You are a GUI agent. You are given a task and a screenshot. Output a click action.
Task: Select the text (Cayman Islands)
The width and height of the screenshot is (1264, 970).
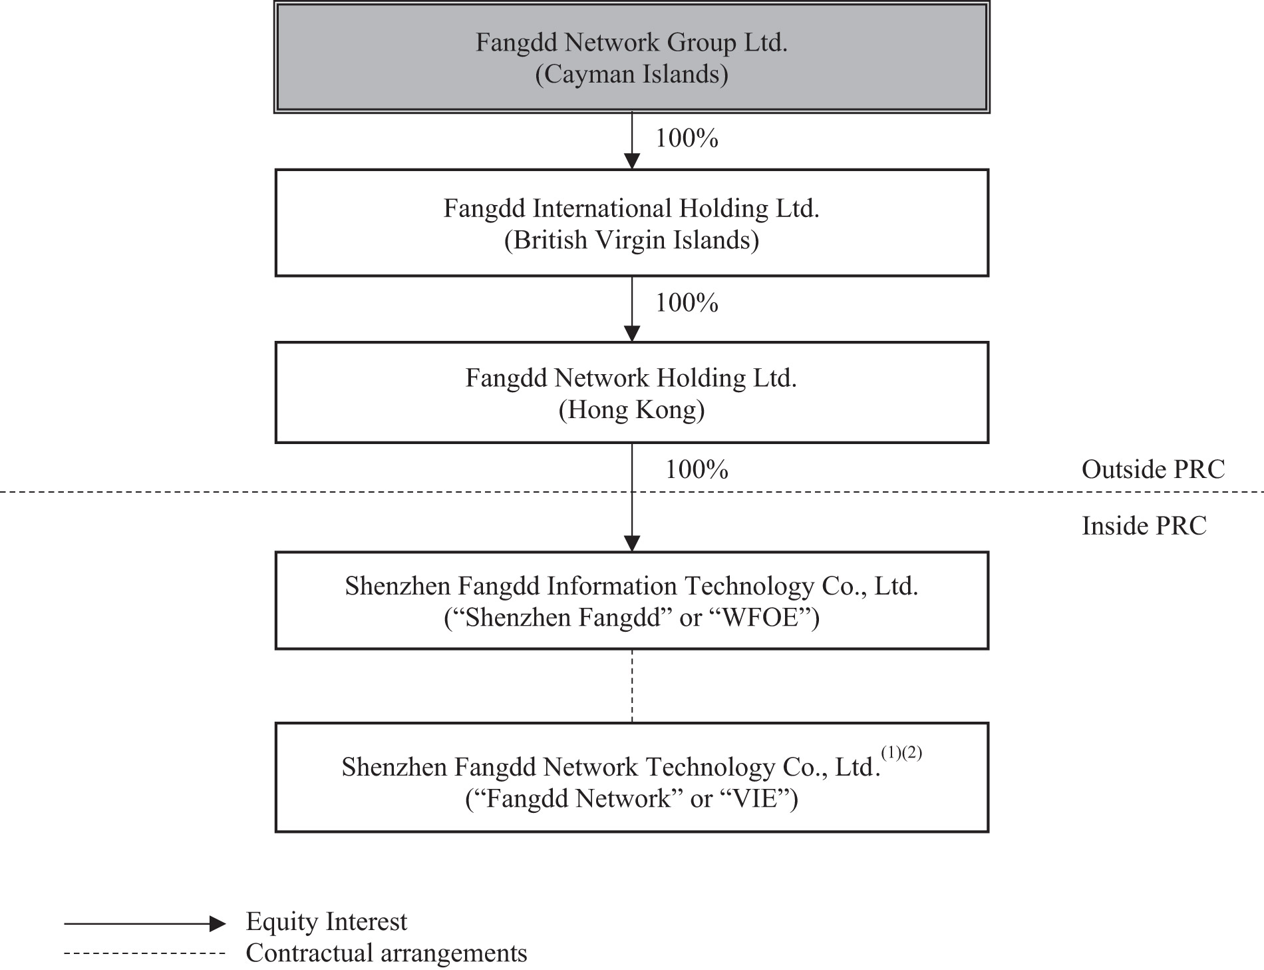(x=631, y=74)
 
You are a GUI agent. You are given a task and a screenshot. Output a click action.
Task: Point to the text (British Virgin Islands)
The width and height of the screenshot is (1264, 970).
(x=631, y=240)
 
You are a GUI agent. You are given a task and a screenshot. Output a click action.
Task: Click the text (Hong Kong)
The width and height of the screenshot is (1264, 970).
(x=631, y=409)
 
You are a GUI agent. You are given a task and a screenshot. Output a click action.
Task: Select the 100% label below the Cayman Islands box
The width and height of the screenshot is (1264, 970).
(x=687, y=138)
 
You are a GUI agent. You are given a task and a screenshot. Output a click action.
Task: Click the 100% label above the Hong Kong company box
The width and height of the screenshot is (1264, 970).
(x=687, y=304)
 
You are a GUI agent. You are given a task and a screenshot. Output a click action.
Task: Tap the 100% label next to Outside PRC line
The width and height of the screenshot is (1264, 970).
(x=697, y=470)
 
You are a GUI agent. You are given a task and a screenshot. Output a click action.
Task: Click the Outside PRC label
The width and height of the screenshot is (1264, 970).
(x=1153, y=470)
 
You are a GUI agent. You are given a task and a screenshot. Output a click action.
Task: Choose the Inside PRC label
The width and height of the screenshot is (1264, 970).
(x=1144, y=526)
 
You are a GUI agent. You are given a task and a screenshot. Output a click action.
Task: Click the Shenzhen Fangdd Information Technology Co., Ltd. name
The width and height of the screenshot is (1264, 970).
(x=631, y=587)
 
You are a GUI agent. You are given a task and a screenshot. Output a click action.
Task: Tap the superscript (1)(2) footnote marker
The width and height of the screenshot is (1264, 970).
(x=901, y=753)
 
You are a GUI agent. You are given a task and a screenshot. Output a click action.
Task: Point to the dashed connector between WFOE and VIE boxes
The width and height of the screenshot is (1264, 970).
(x=632, y=686)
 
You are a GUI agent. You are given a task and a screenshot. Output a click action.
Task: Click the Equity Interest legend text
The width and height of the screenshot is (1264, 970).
(x=326, y=922)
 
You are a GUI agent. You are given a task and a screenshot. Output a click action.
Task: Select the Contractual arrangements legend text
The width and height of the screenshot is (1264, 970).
(x=386, y=953)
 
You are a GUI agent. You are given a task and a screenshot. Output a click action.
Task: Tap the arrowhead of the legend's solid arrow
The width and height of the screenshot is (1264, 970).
(x=218, y=923)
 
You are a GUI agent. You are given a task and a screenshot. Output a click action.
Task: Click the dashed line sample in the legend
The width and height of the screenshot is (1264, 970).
(x=145, y=954)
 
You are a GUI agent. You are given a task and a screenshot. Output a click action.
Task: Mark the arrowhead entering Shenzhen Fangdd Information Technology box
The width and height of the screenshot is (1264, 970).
(x=632, y=543)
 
